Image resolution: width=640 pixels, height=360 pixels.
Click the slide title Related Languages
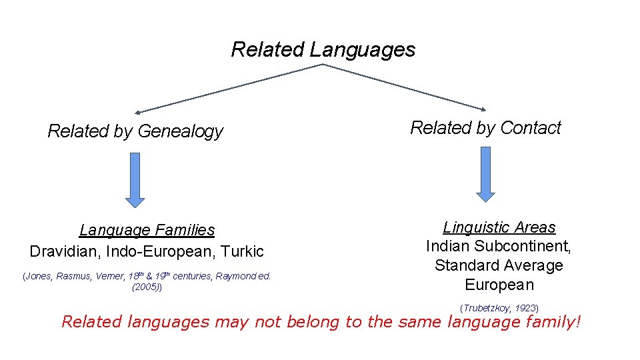(x=323, y=49)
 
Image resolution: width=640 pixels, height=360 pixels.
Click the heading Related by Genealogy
(x=135, y=131)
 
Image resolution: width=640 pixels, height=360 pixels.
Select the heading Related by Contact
(x=485, y=128)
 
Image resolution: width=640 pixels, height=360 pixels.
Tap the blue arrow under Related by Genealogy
(x=135, y=179)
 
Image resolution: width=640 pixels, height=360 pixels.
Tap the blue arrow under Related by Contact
(x=485, y=173)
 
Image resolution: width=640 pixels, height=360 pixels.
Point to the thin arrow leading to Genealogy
(x=227, y=89)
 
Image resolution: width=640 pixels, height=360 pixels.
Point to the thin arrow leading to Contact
(x=407, y=87)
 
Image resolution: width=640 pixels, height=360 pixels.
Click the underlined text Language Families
(x=147, y=230)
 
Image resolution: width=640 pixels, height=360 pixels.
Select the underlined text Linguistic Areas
(x=499, y=227)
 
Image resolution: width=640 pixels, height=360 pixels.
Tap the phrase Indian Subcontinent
(x=499, y=246)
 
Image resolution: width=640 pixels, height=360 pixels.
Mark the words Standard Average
(x=499, y=265)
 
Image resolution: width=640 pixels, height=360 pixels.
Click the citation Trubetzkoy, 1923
(x=499, y=308)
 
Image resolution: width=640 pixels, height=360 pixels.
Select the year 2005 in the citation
(x=146, y=287)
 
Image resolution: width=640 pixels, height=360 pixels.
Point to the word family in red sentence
(x=549, y=322)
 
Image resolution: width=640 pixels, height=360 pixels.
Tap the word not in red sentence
(x=270, y=322)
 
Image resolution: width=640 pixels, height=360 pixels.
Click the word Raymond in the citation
(x=238, y=276)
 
